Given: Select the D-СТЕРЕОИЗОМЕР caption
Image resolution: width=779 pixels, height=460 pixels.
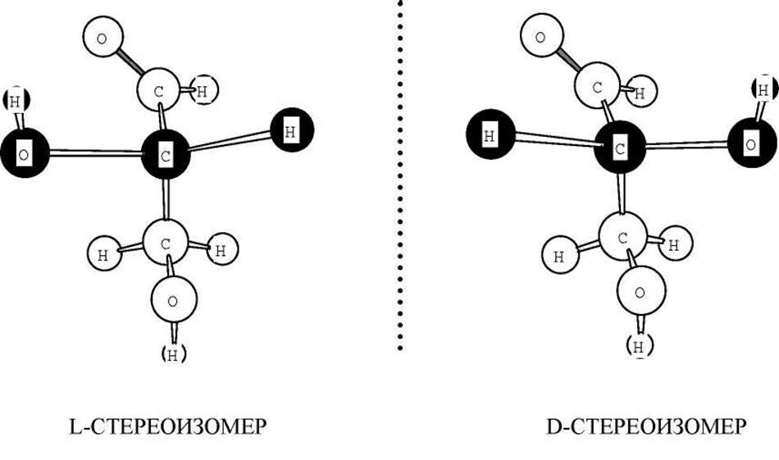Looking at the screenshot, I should (645, 427).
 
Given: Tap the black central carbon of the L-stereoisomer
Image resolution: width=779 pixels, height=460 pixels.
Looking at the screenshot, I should (165, 153).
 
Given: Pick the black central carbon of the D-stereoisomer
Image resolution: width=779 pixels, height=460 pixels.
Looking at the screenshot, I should (620, 149).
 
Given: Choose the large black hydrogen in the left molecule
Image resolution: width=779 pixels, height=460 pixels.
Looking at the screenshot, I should (290, 130).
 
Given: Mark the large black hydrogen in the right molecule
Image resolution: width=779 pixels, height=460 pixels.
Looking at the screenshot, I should (489, 136).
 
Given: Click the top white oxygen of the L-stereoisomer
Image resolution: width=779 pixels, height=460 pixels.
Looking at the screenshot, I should (102, 38).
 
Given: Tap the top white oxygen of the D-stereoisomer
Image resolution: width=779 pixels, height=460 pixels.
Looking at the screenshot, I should (540, 37).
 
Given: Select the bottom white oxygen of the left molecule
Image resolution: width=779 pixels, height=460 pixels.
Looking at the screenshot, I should (172, 300).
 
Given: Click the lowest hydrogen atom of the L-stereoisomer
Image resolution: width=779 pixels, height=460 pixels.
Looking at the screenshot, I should (173, 353).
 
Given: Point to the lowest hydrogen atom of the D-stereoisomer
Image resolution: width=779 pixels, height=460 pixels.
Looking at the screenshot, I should (640, 344).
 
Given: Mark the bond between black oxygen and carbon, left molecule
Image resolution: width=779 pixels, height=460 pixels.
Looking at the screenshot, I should (93, 152).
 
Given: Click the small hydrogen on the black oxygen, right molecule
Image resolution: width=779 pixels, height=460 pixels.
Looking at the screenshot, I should (763, 90).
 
